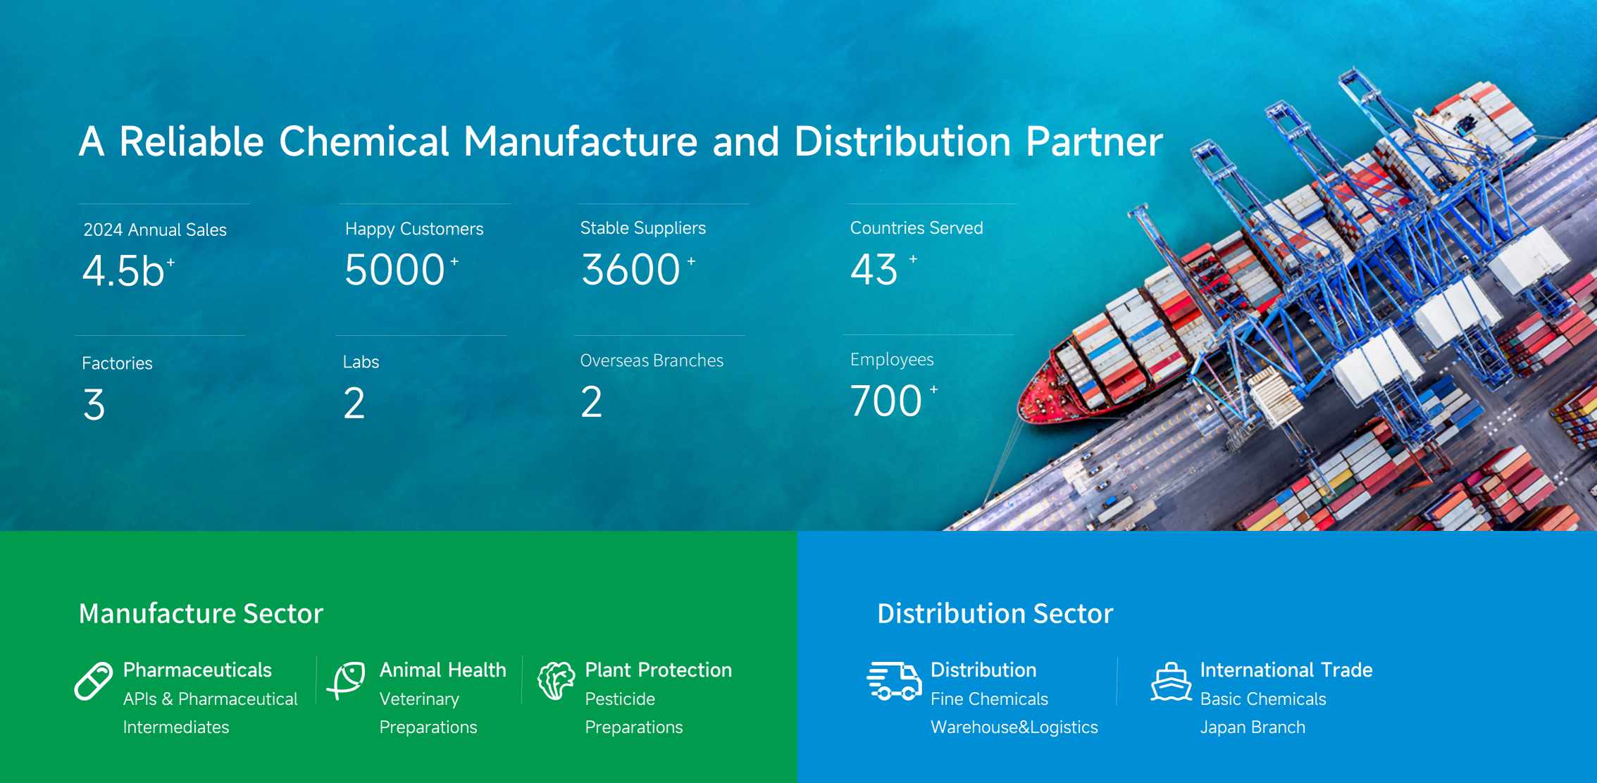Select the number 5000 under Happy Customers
tap(394, 270)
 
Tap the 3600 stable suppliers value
tap(630, 270)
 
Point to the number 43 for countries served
tap(874, 270)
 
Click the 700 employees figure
tap(886, 401)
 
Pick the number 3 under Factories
tap(94, 405)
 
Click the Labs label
tap(361, 362)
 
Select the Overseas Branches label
tap(652, 361)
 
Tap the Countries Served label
tap(916, 228)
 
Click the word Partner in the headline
tap(1094, 142)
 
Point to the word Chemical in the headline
tap(363, 142)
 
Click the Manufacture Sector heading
tap(201, 613)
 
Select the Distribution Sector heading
tap(995, 613)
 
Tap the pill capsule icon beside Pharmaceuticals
tap(94, 681)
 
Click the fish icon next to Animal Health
tap(347, 680)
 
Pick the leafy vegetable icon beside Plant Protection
tap(557, 680)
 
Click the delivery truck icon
tap(894, 681)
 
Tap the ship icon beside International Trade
tap(1172, 682)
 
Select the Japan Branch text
tap(1253, 727)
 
